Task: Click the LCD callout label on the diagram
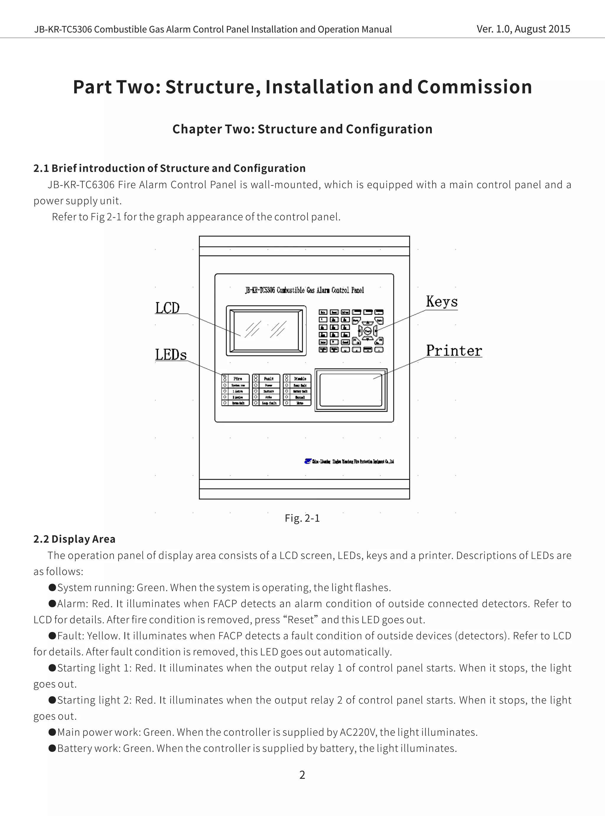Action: tap(167, 308)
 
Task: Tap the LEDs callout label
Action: tap(171, 355)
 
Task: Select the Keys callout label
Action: tap(442, 302)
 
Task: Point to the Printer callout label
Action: tap(454, 351)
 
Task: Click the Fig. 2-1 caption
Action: tap(302, 518)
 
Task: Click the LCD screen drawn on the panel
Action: tap(266, 330)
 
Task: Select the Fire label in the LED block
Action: tap(238, 378)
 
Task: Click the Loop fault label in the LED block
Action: tap(269, 403)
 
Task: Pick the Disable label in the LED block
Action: tap(300, 378)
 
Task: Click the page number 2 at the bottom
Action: tap(302, 775)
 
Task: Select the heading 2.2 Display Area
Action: tap(74, 539)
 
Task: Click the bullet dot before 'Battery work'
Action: tap(52, 748)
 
